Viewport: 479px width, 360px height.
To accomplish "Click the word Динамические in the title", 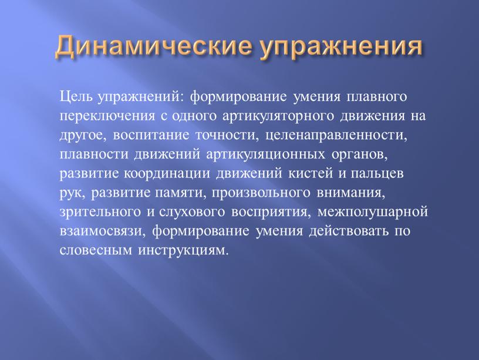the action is point(154,46).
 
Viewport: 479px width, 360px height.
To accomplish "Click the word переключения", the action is point(107,116).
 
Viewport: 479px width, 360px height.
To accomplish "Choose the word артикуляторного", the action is point(278,116).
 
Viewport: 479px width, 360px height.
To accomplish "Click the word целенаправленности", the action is point(336,136).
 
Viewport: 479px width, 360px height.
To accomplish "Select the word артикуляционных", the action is point(265,154).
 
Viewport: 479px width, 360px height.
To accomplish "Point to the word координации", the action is point(167,174).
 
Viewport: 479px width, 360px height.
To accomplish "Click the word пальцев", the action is point(377,174).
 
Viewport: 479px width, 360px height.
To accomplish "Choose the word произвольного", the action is point(259,193).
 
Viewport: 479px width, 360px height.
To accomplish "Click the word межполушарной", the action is point(372,212).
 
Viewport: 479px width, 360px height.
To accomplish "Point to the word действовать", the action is point(349,231).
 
